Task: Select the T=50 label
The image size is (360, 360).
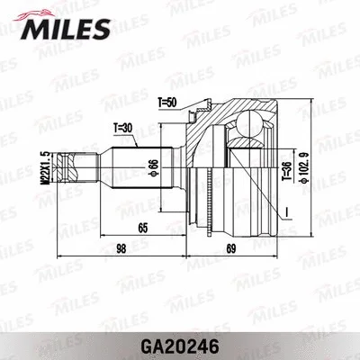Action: [x=165, y=103]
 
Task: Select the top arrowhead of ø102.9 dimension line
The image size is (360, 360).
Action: [x=311, y=104]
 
